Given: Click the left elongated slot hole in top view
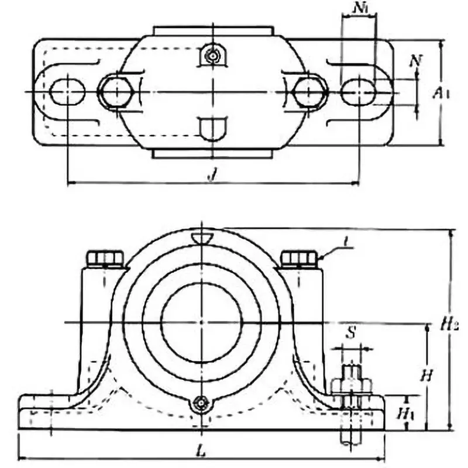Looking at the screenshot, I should point(68,92).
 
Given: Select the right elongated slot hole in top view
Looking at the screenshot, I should point(358,92).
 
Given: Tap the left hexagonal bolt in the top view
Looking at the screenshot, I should point(115,91).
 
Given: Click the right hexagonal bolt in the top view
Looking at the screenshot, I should point(309,91).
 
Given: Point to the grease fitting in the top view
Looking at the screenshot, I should point(212,56).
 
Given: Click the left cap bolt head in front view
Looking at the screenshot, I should point(105,258).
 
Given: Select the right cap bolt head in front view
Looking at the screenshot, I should point(298,258).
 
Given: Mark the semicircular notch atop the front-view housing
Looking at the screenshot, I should point(202,237).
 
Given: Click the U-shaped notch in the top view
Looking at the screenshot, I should point(212,127).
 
